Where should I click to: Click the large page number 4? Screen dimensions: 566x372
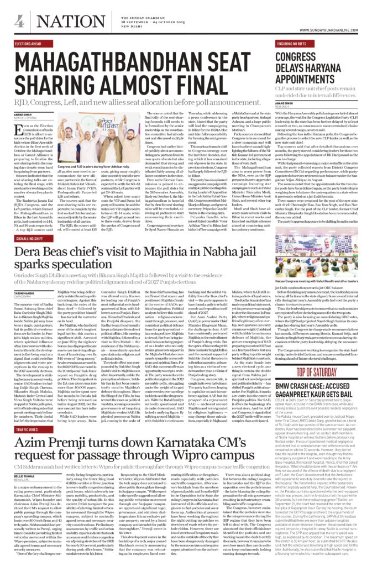coord(18,20)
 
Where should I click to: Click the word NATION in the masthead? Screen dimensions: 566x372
coord(57,20)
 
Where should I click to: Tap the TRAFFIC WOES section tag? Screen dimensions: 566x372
coord(27,429)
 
